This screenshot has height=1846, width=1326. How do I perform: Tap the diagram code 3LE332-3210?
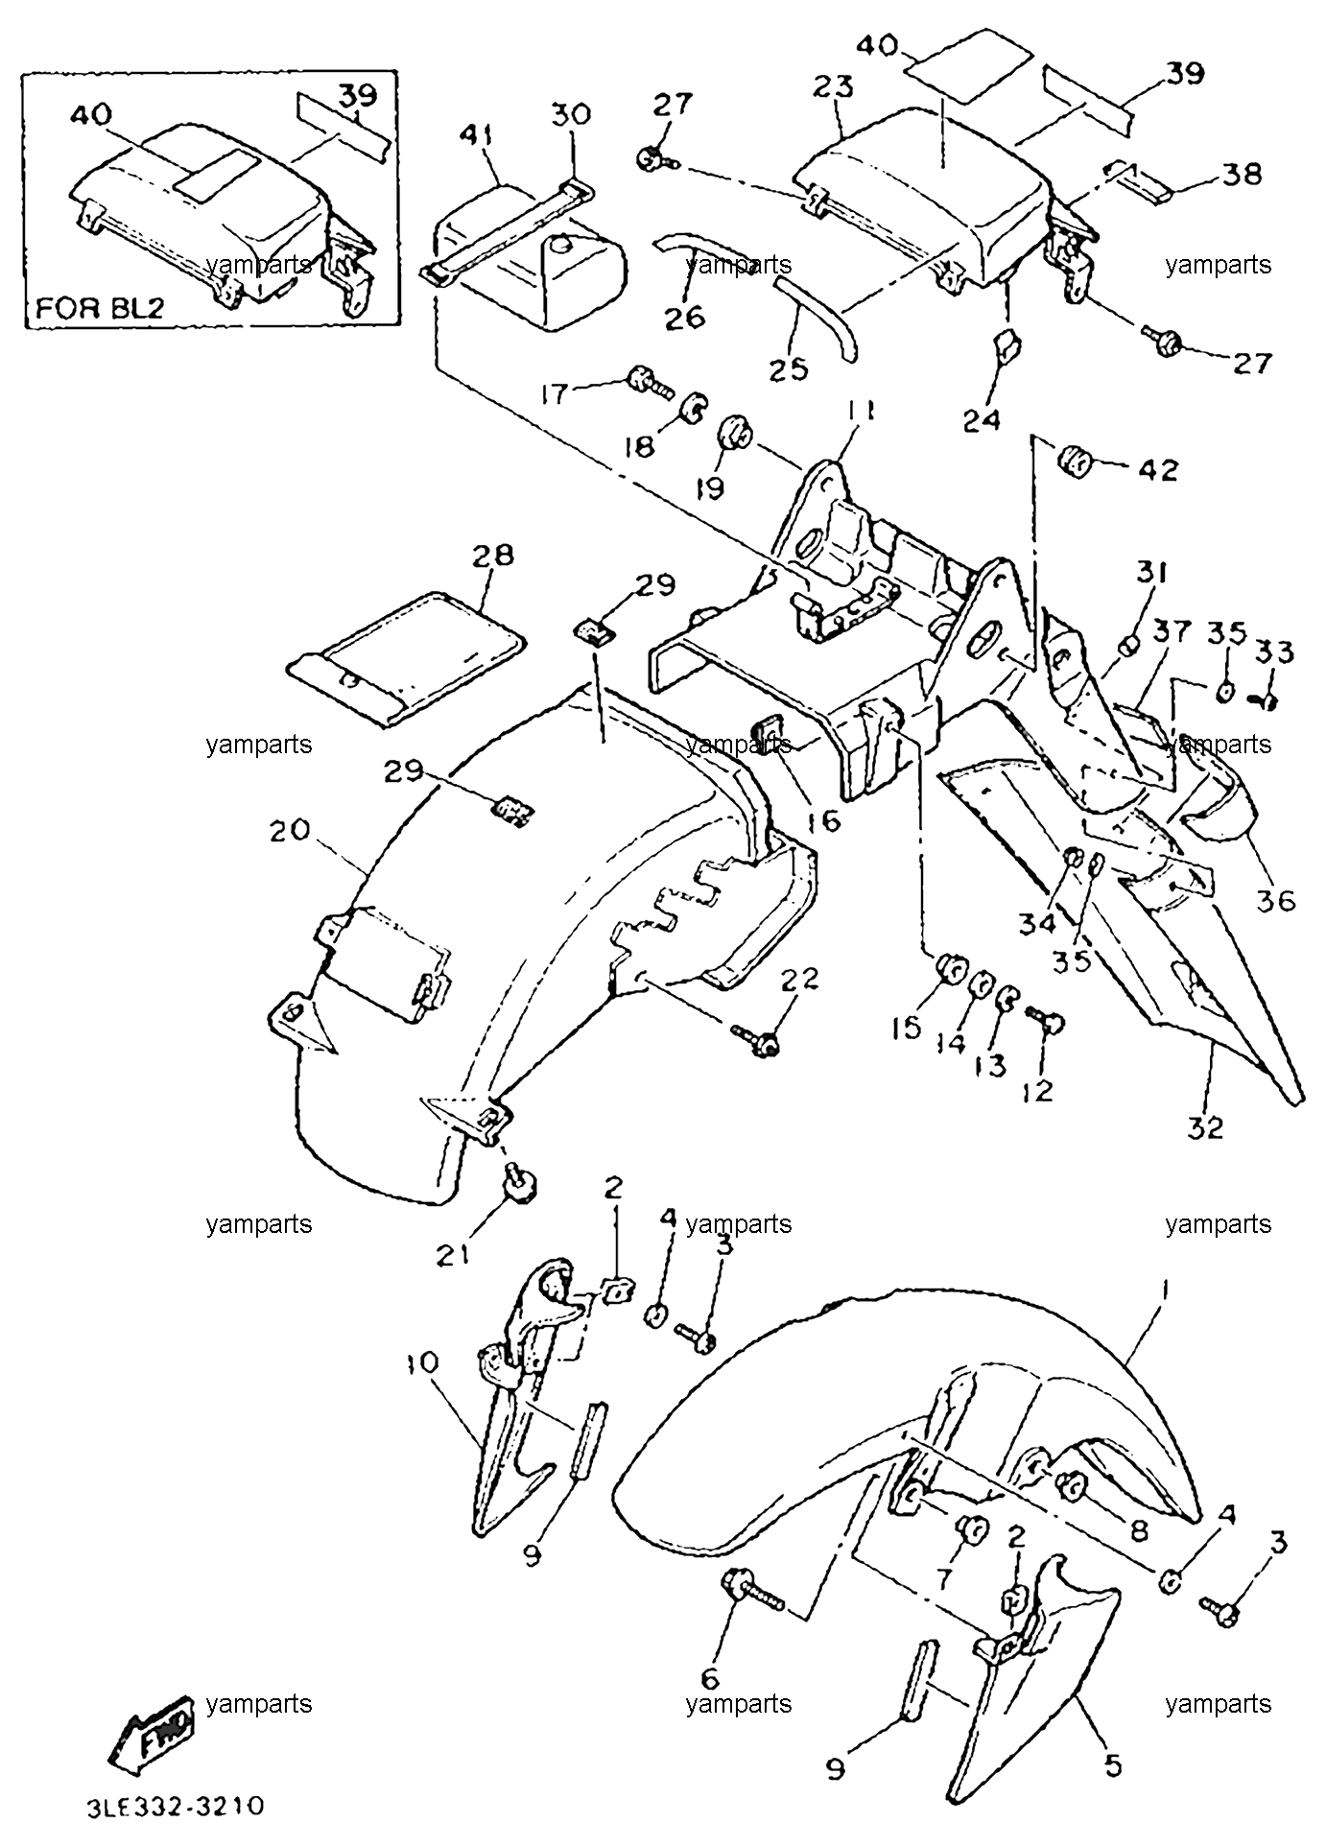coord(176,1806)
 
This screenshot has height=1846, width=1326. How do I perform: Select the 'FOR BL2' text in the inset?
coord(101,309)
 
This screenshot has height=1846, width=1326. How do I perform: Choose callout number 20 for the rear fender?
coord(290,829)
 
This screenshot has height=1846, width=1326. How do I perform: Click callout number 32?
coord(1205,1127)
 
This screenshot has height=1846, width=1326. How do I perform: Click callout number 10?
coord(421,1361)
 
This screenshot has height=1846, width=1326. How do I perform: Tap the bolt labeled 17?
coord(651,381)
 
